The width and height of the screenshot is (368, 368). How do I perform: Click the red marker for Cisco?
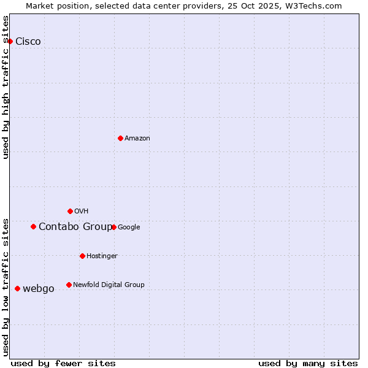[x=10, y=41]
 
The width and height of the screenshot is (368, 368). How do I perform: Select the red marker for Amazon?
[x=120, y=138]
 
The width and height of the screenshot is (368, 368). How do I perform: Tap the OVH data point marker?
[x=70, y=211]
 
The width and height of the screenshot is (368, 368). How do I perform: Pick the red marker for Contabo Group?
[x=33, y=226]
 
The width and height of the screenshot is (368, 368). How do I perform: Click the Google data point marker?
[x=113, y=227]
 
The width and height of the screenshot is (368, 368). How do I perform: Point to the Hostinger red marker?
[x=82, y=256]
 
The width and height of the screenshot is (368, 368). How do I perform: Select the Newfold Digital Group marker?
[x=69, y=285]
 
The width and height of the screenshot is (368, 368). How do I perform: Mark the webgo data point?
[x=17, y=288]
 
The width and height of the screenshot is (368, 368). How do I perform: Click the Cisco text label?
[x=28, y=42]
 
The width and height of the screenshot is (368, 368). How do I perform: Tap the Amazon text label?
[x=137, y=139]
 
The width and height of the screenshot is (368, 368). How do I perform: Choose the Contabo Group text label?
[x=75, y=227]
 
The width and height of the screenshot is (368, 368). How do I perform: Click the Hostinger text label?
[x=102, y=256]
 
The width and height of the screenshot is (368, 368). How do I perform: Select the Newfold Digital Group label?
[x=109, y=285]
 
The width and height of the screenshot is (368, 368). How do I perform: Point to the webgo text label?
[x=38, y=289]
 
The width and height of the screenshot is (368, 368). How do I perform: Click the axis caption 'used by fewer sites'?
[x=63, y=363]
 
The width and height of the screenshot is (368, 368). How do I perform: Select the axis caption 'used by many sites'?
[x=308, y=363]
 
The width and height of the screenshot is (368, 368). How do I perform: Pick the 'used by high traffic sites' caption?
[x=6, y=87]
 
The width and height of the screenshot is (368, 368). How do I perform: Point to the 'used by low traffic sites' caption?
[x=6, y=286]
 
